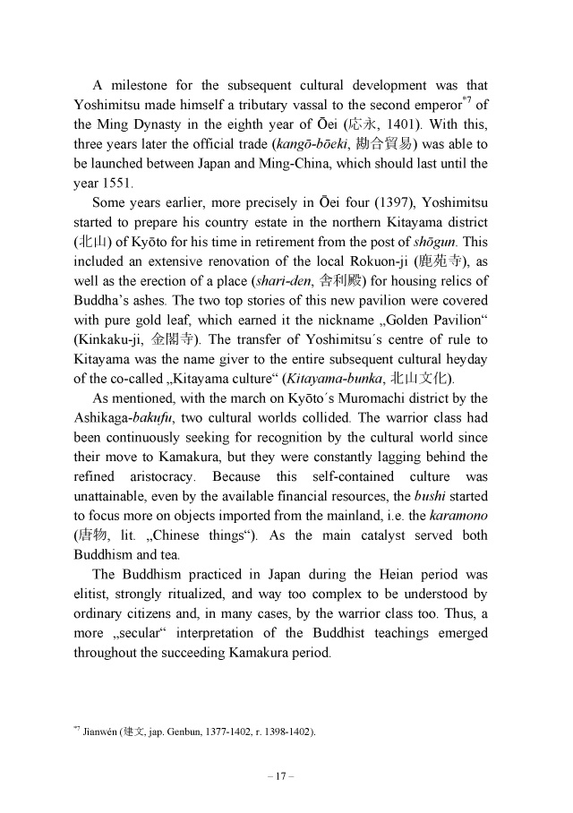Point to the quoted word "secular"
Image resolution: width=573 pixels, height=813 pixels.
131,634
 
